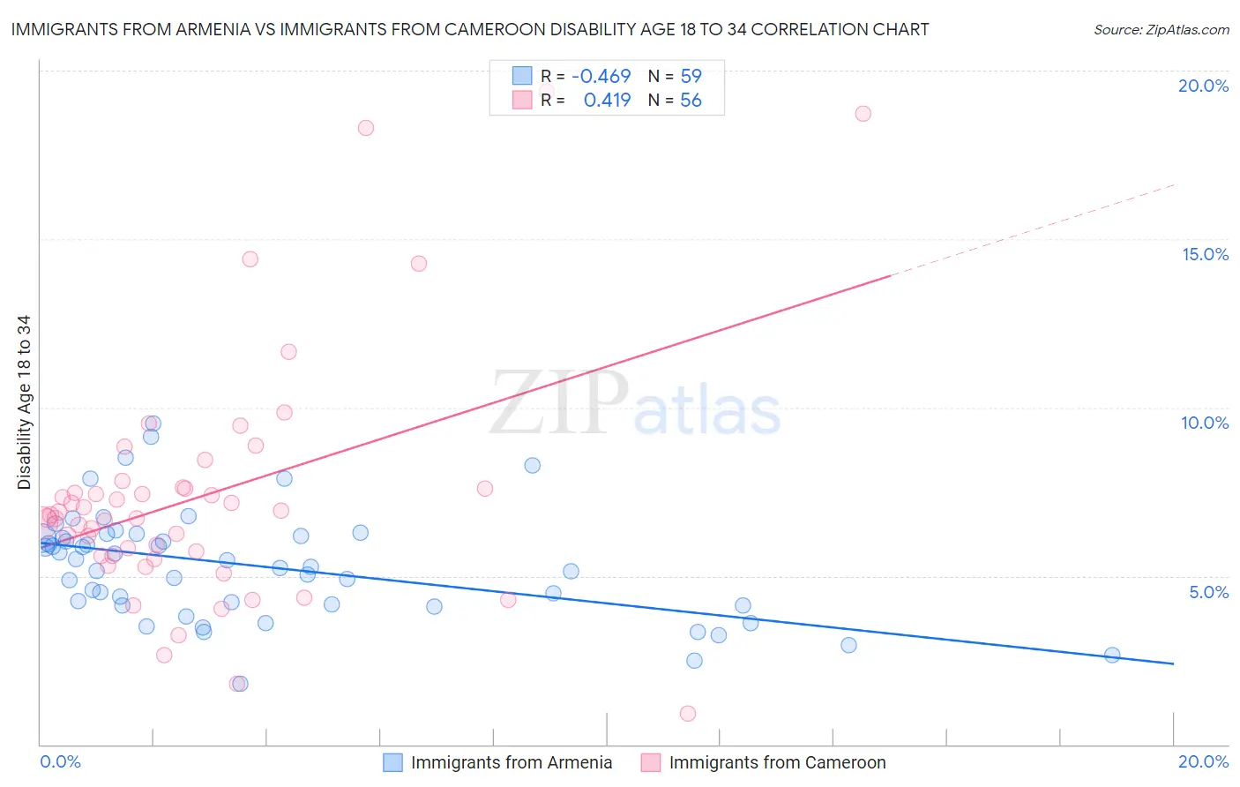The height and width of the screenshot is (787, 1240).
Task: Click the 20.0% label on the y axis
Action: point(1203,86)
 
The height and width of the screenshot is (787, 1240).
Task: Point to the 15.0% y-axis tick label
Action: point(1205,254)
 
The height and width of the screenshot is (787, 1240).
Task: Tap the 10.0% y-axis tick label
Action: point(1205,423)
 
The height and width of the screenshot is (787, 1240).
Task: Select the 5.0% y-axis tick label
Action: point(1208,592)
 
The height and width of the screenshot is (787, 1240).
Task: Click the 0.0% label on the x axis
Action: point(60,761)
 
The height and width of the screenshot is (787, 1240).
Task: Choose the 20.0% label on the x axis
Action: point(1203,761)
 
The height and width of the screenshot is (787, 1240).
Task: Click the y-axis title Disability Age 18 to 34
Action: point(24,402)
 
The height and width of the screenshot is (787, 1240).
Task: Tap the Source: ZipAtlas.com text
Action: point(1161,30)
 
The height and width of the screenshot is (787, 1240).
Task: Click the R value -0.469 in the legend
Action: point(601,77)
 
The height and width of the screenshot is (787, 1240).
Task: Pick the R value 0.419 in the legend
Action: point(607,101)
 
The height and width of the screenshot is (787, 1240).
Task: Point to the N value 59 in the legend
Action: point(691,77)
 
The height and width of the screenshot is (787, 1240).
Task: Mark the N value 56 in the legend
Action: point(691,101)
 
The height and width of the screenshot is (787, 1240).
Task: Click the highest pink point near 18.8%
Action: point(863,114)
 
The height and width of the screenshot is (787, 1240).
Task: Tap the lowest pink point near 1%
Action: point(688,714)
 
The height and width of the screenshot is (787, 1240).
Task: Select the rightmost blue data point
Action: point(1112,655)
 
